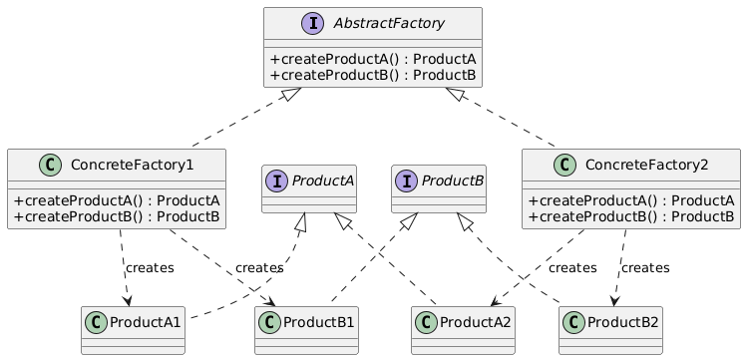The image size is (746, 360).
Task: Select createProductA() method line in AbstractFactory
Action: [x=372, y=59]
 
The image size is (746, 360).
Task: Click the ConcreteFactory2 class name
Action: [x=643, y=164]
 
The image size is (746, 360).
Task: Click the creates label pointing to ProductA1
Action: [x=150, y=267]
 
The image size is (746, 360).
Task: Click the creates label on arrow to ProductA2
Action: [x=572, y=267]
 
